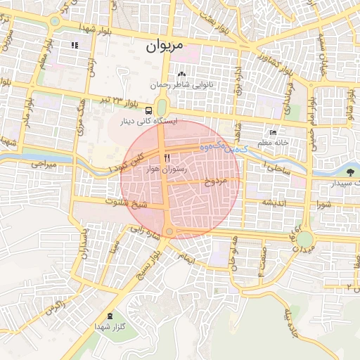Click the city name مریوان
(164, 46)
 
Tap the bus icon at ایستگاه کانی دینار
(148, 110)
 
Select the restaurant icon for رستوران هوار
(167, 157)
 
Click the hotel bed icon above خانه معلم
(274, 133)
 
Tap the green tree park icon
(350, 171)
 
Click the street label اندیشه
(275, 202)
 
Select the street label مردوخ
(217, 181)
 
